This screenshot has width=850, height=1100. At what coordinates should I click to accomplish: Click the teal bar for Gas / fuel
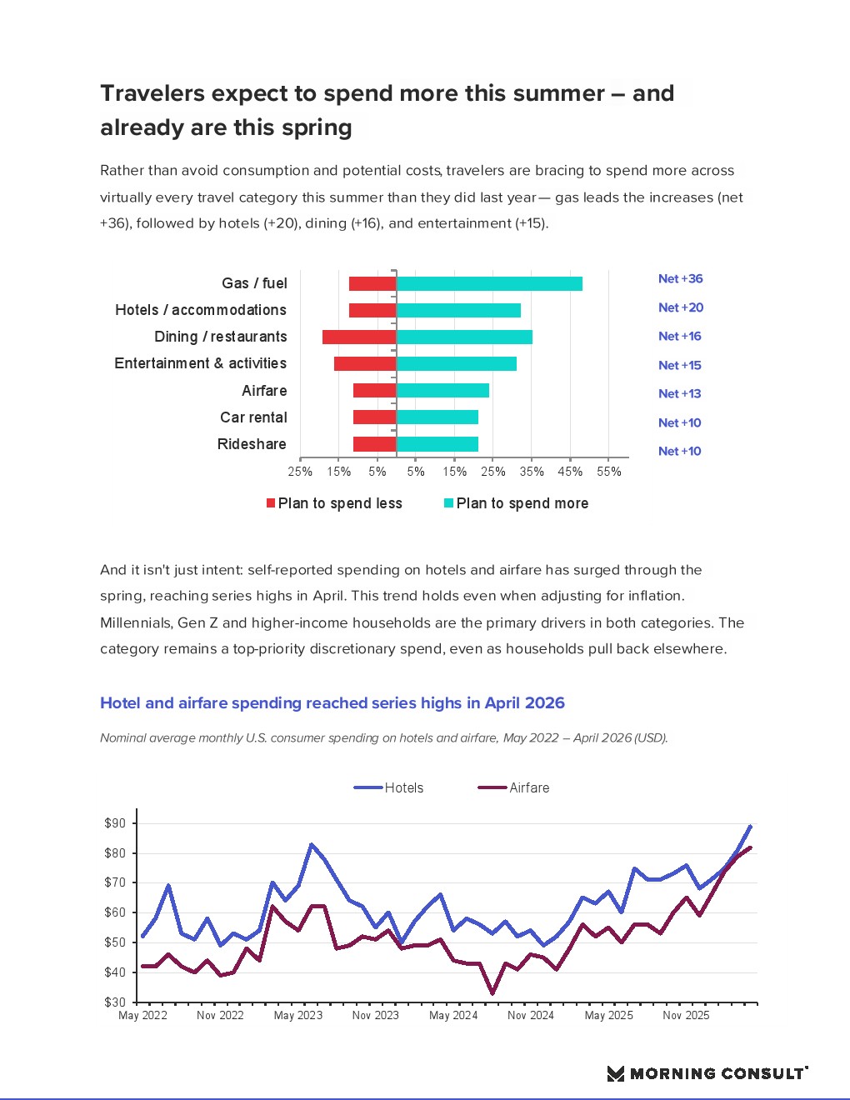coord(489,283)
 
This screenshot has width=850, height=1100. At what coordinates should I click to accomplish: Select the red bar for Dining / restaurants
coord(359,337)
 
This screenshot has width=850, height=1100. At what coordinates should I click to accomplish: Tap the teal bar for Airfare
coord(442,390)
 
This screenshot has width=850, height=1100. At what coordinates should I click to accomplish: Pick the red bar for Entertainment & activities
coord(365,363)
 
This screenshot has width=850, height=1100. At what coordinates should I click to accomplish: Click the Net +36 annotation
coord(680,279)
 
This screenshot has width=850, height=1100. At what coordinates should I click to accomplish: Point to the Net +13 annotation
coord(679,394)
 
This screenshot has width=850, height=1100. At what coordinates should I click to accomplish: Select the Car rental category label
coord(253,417)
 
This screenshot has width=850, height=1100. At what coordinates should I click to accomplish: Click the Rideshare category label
coord(252,444)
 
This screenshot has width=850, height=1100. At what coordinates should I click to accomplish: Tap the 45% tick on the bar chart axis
coord(570,472)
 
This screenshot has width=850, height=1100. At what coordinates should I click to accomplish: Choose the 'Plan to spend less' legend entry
coord(334,503)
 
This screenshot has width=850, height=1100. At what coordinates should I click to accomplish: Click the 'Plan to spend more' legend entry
coord(516,503)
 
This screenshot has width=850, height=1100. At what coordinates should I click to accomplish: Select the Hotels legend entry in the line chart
coord(388,787)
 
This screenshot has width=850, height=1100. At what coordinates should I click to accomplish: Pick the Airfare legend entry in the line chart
coord(513,787)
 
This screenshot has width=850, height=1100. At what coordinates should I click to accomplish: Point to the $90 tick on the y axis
coord(115,823)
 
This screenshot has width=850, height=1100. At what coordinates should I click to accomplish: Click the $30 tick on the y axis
coord(115,1002)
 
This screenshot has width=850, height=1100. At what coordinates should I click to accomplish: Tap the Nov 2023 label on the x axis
coord(375,1016)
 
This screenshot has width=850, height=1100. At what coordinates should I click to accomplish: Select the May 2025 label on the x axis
coord(608,1016)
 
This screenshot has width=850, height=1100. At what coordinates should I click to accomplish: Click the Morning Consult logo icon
coord(616,1073)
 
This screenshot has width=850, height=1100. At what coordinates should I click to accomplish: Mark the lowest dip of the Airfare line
coord(492,993)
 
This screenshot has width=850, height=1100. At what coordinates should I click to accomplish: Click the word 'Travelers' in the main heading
coord(152,93)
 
